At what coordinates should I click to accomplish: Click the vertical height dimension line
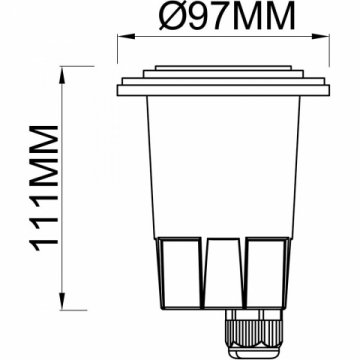click(65, 190)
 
